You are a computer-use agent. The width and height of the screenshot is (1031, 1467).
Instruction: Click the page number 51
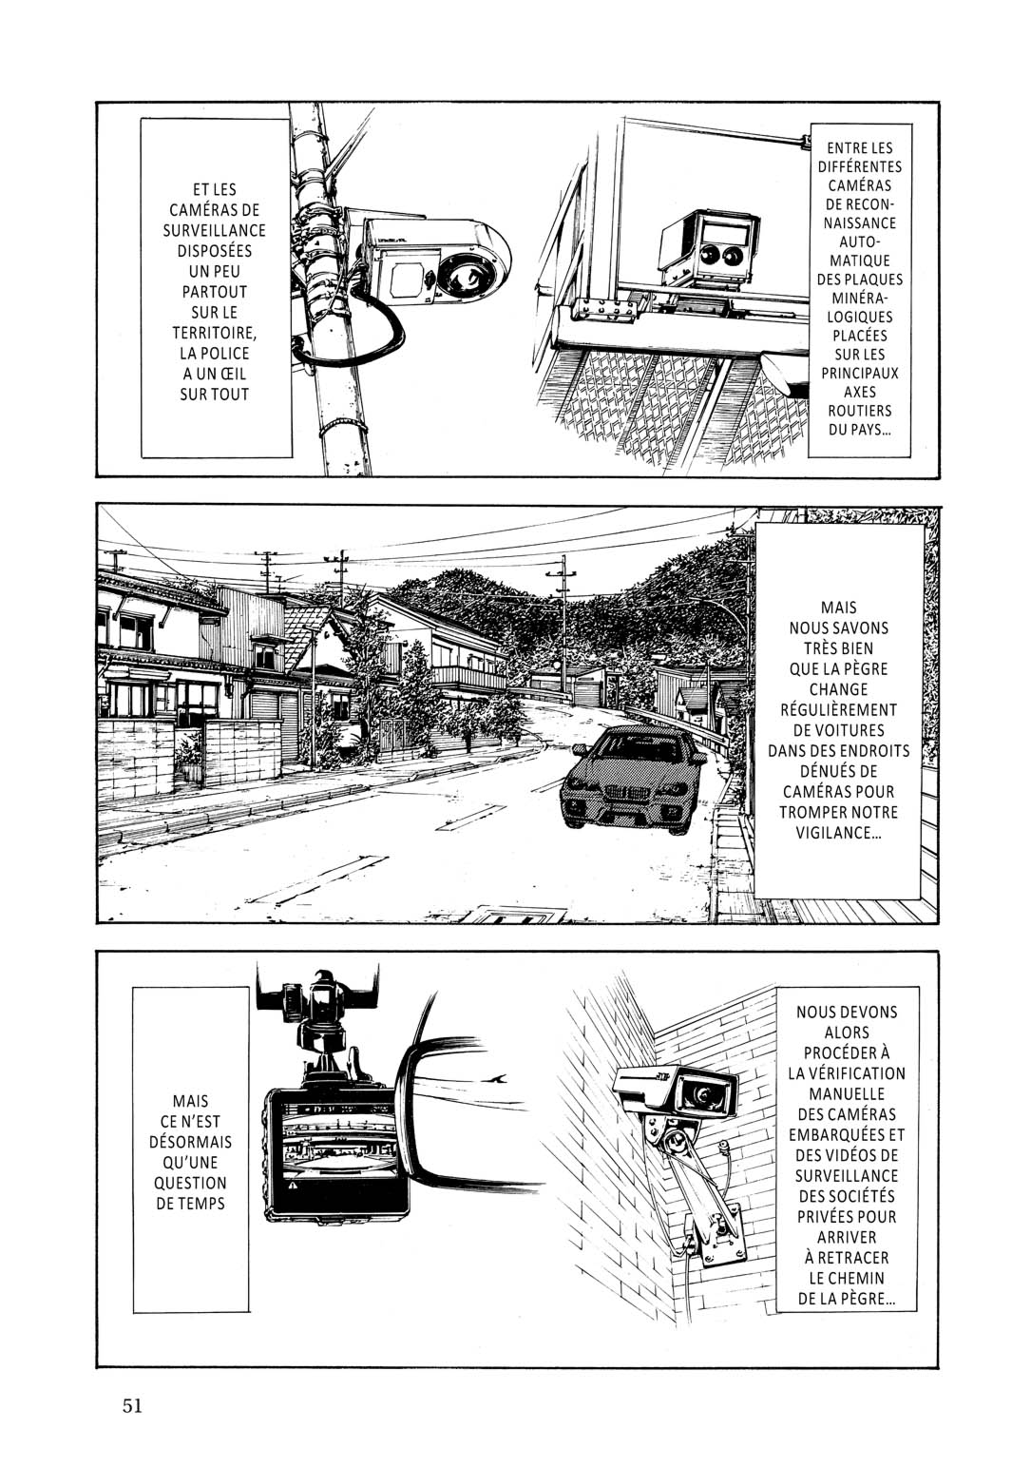(x=132, y=1405)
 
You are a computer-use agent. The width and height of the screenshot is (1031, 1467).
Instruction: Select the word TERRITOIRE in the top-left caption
(x=215, y=333)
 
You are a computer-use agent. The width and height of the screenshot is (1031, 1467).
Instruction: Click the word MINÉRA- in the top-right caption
(x=860, y=299)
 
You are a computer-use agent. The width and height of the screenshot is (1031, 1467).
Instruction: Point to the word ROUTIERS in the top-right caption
(x=859, y=411)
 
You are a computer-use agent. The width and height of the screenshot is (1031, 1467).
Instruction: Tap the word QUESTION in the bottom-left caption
(x=190, y=1183)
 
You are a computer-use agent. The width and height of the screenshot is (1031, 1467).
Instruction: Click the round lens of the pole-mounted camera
(x=467, y=275)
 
